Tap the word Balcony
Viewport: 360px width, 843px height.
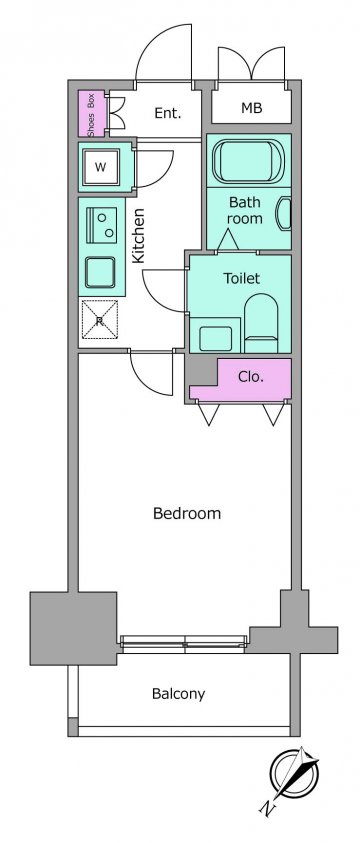[178, 694]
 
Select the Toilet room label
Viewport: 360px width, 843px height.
[241, 278]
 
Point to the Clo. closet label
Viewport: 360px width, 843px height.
[250, 377]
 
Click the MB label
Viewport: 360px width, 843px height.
[251, 108]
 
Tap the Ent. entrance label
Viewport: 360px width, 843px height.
[168, 113]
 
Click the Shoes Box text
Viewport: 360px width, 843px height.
[91, 114]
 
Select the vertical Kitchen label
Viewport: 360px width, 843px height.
[139, 235]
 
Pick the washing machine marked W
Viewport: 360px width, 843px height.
[100, 167]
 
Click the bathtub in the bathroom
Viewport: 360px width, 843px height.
[248, 161]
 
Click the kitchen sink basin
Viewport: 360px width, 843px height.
[100, 273]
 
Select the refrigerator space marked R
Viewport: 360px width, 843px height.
[99, 319]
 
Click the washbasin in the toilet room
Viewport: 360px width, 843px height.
[215, 338]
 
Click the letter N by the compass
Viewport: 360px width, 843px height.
[267, 807]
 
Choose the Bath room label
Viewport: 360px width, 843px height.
[245, 210]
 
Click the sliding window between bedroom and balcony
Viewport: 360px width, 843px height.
[184, 644]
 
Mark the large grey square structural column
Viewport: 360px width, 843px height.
[74, 628]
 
